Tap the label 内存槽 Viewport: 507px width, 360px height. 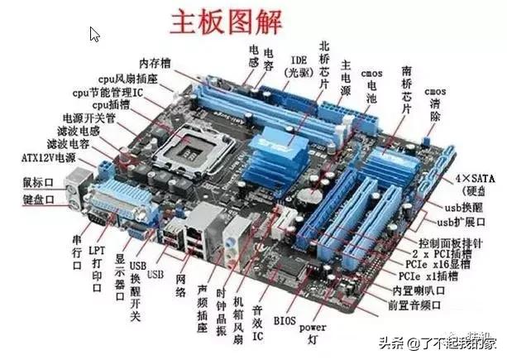155,63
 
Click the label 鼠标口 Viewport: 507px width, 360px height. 37,181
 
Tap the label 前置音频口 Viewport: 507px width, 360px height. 419,305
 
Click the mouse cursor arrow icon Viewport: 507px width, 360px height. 95,35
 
